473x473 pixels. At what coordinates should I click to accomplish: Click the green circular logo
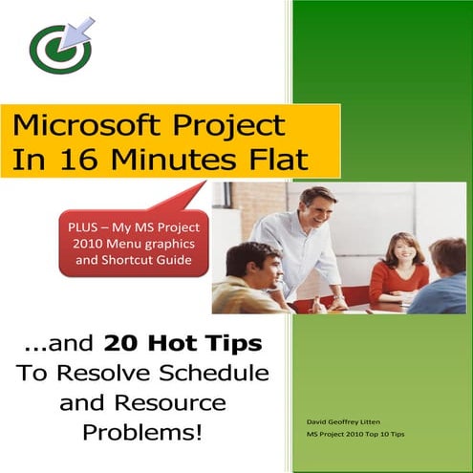pos(59,50)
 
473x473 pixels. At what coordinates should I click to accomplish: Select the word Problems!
pos(142,432)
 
